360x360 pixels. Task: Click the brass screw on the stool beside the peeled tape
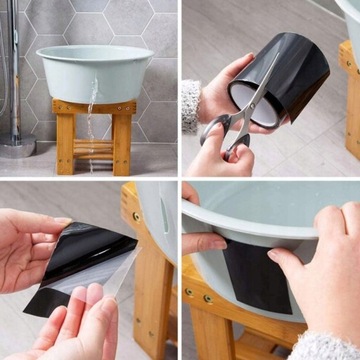(137, 217)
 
